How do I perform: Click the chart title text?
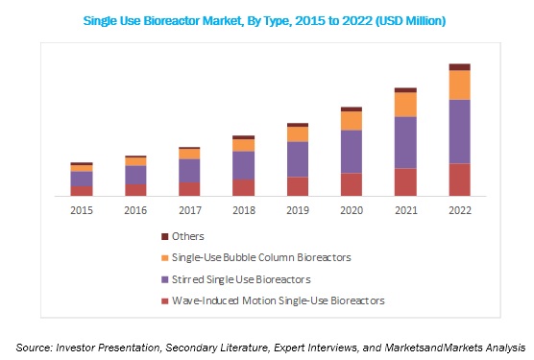pos(270,19)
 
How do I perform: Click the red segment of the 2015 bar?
pos(82,190)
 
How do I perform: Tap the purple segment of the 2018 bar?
pos(244,165)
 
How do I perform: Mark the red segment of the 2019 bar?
pos(298,185)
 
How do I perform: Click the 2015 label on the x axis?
pos(82,209)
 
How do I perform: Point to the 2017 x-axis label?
pos(190,209)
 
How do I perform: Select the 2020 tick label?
pos(352,209)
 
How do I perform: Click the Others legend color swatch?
pos(164,236)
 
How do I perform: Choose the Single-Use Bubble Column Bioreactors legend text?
pos(261,257)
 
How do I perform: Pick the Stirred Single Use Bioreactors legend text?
pos(241,279)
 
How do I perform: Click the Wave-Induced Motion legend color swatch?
pos(164,301)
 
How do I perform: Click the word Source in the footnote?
pos(35,346)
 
